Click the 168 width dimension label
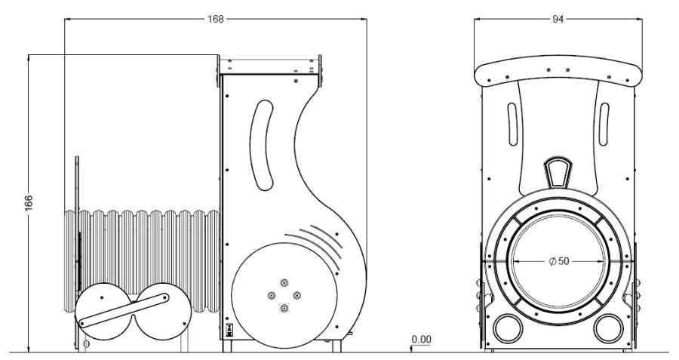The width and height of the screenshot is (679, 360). click(x=216, y=19)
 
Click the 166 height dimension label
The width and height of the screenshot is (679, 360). click(x=29, y=204)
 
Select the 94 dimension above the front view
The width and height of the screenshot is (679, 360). click(x=558, y=19)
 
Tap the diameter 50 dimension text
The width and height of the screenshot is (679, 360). click(x=559, y=261)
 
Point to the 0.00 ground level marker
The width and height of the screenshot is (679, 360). click(x=421, y=339)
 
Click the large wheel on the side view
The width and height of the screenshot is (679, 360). click(x=284, y=295)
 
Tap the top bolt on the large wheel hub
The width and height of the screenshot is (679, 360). click(x=284, y=282)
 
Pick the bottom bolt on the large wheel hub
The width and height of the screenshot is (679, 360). click(x=284, y=309)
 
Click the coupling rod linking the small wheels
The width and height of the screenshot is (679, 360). click(x=124, y=310)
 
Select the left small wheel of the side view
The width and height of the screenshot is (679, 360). click(x=104, y=312)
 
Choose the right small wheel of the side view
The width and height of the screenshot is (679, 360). click(x=163, y=312)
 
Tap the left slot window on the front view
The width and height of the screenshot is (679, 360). click(x=512, y=125)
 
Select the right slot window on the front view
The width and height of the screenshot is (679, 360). click(x=604, y=125)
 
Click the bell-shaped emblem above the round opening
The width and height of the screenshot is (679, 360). click(x=558, y=172)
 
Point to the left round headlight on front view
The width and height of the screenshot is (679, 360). click(x=508, y=328)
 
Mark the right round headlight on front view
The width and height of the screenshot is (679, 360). click(x=608, y=328)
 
